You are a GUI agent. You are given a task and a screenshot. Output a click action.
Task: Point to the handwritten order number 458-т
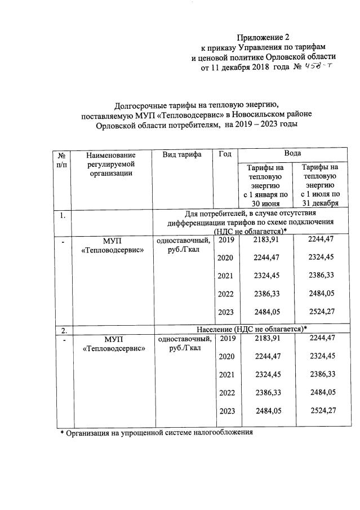click(320, 68)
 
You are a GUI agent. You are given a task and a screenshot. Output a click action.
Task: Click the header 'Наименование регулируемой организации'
click(112, 163)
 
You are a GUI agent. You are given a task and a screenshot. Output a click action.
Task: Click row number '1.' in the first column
click(63, 214)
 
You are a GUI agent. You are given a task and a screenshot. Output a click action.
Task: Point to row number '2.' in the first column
click(64, 329)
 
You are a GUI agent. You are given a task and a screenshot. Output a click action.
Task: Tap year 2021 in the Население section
click(225, 375)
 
